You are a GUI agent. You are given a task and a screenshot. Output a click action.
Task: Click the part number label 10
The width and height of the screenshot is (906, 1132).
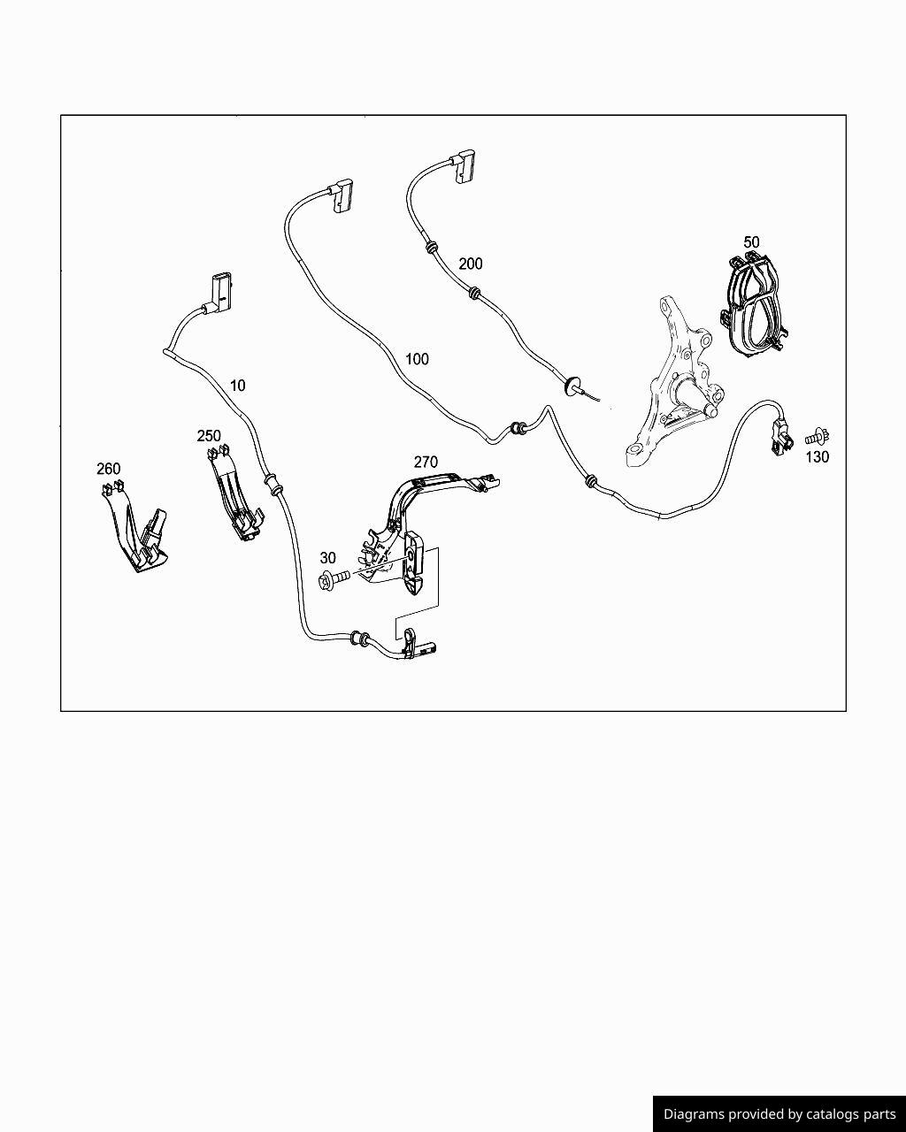coord(237,386)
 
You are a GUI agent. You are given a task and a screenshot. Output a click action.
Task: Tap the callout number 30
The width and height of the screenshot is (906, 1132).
coord(327,558)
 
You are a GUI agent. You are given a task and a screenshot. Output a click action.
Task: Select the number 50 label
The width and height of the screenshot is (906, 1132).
coord(751,241)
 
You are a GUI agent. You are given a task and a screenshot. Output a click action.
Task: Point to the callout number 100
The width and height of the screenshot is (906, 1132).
coord(417,359)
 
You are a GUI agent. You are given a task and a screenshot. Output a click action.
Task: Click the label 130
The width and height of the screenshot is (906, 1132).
coord(817,457)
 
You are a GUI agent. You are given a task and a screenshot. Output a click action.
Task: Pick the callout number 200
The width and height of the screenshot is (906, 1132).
coord(471,264)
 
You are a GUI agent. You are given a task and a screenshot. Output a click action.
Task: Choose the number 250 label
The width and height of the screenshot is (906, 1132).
coord(209,436)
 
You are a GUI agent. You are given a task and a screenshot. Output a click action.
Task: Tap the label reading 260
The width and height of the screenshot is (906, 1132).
coord(109,469)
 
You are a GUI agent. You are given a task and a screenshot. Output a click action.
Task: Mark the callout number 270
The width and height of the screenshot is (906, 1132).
coord(426,462)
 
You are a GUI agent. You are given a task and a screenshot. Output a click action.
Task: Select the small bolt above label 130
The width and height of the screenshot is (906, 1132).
coord(818,436)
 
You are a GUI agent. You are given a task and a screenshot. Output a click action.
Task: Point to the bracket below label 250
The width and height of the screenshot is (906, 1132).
coord(233,495)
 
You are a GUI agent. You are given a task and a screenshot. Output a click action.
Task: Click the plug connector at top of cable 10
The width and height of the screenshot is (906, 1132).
coord(220,292)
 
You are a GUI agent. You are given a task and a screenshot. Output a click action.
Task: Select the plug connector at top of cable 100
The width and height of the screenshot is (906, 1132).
coord(342,195)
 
